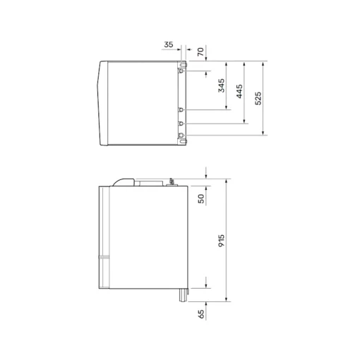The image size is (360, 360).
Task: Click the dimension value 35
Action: pyautogui.click(x=169, y=44)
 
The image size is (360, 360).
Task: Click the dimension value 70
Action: pyautogui.click(x=200, y=52)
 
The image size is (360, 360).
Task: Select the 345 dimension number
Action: pyautogui.click(x=221, y=85)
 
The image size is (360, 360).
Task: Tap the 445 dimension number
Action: pyautogui.click(x=239, y=91)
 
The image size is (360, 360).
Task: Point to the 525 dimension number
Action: pyautogui.click(x=258, y=98)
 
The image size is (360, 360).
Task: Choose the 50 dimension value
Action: pyautogui.click(x=201, y=199)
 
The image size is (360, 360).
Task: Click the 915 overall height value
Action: pyautogui.click(x=221, y=241)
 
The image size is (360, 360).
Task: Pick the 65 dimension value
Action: pyautogui.click(x=201, y=314)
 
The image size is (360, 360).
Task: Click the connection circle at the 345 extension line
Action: pyautogui.click(x=181, y=109)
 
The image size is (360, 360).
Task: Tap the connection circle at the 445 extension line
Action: pyautogui.click(x=181, y=124)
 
